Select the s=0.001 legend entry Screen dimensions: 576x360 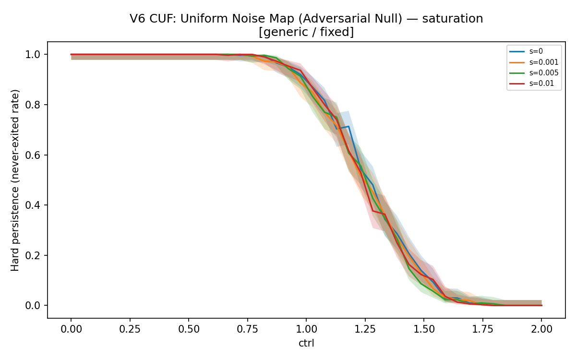point(534,62)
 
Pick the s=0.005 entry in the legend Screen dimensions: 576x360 point(534,73)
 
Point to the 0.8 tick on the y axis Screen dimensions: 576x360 point(33,105)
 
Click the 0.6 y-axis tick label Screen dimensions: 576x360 point(33,155)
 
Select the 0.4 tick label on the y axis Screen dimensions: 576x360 point(33,205)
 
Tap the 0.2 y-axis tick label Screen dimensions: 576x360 point(33,255)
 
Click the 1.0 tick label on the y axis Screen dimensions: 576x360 point(33,55)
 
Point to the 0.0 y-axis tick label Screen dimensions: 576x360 point(33,305)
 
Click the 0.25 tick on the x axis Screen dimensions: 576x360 point(130,329)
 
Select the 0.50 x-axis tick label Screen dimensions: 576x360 point(189,329)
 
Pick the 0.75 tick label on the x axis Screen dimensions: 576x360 point(248,329)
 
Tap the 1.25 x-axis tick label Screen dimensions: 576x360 point(365,329)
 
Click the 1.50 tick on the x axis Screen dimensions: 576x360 point(424,329)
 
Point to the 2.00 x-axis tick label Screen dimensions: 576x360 point(541,329)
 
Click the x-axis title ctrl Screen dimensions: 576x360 point(306,343)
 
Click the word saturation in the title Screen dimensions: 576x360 point(453,19)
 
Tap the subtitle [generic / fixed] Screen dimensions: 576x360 point(306,32)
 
